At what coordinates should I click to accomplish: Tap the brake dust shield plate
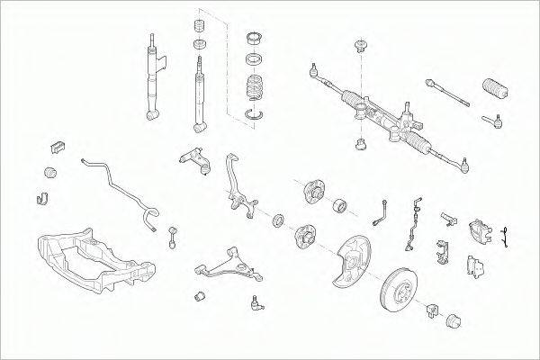[346, 262]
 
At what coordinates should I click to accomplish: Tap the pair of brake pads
[476, 265]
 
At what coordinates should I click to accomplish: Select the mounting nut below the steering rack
[361, 143]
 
